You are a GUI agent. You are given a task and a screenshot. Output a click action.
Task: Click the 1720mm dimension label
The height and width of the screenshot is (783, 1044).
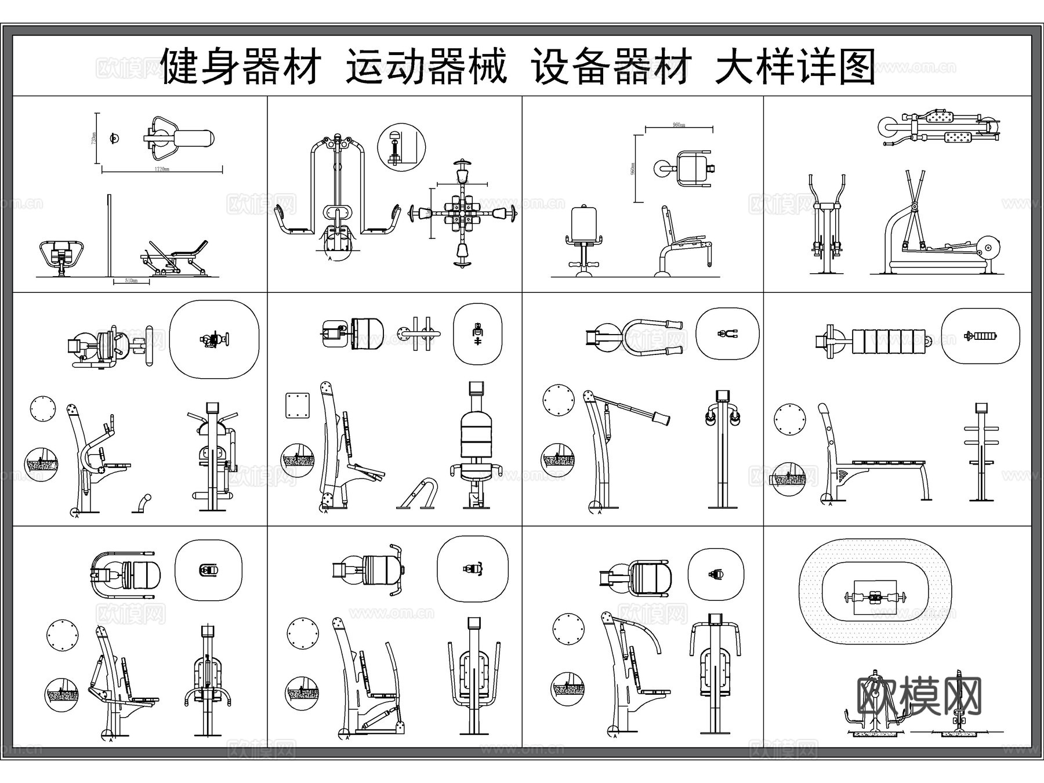coord(161,169)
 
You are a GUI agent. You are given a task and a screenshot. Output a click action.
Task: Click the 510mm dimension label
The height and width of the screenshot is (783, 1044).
coord(131,280)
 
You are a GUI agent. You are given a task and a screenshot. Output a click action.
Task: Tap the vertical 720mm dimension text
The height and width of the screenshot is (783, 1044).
coord(95,138)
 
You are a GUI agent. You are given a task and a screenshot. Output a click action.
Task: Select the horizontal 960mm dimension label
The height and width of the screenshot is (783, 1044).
coord(679,125)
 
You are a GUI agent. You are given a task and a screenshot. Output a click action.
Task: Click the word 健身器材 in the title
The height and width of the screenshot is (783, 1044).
coord(241,67)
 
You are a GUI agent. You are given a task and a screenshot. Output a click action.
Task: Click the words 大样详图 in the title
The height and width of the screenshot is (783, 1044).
coord(795,67)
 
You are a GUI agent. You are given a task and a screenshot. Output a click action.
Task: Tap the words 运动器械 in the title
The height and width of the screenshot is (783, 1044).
coord(426,67)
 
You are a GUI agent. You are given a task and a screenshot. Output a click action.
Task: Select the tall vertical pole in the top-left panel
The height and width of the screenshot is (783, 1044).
coord(108,235)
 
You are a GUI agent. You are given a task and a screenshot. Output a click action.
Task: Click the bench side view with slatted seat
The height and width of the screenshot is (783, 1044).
coord(870,464)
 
